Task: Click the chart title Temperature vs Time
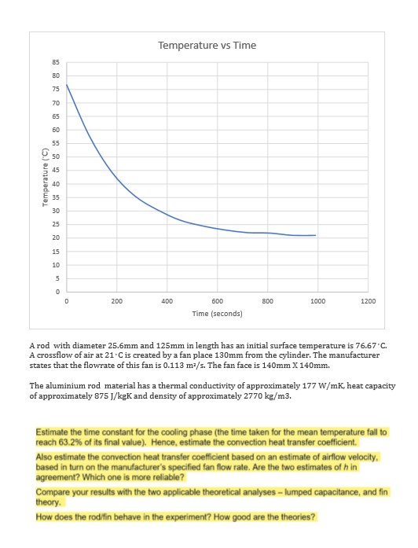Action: click(x=207, y=45)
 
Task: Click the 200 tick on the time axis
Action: click(x=116, y=301)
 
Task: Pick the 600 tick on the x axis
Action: click(x=217, y=301)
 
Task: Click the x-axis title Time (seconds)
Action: click(x=217, y=313)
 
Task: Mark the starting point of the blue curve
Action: click(x=67, y=84)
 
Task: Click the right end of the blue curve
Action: click(x=315, y=235)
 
